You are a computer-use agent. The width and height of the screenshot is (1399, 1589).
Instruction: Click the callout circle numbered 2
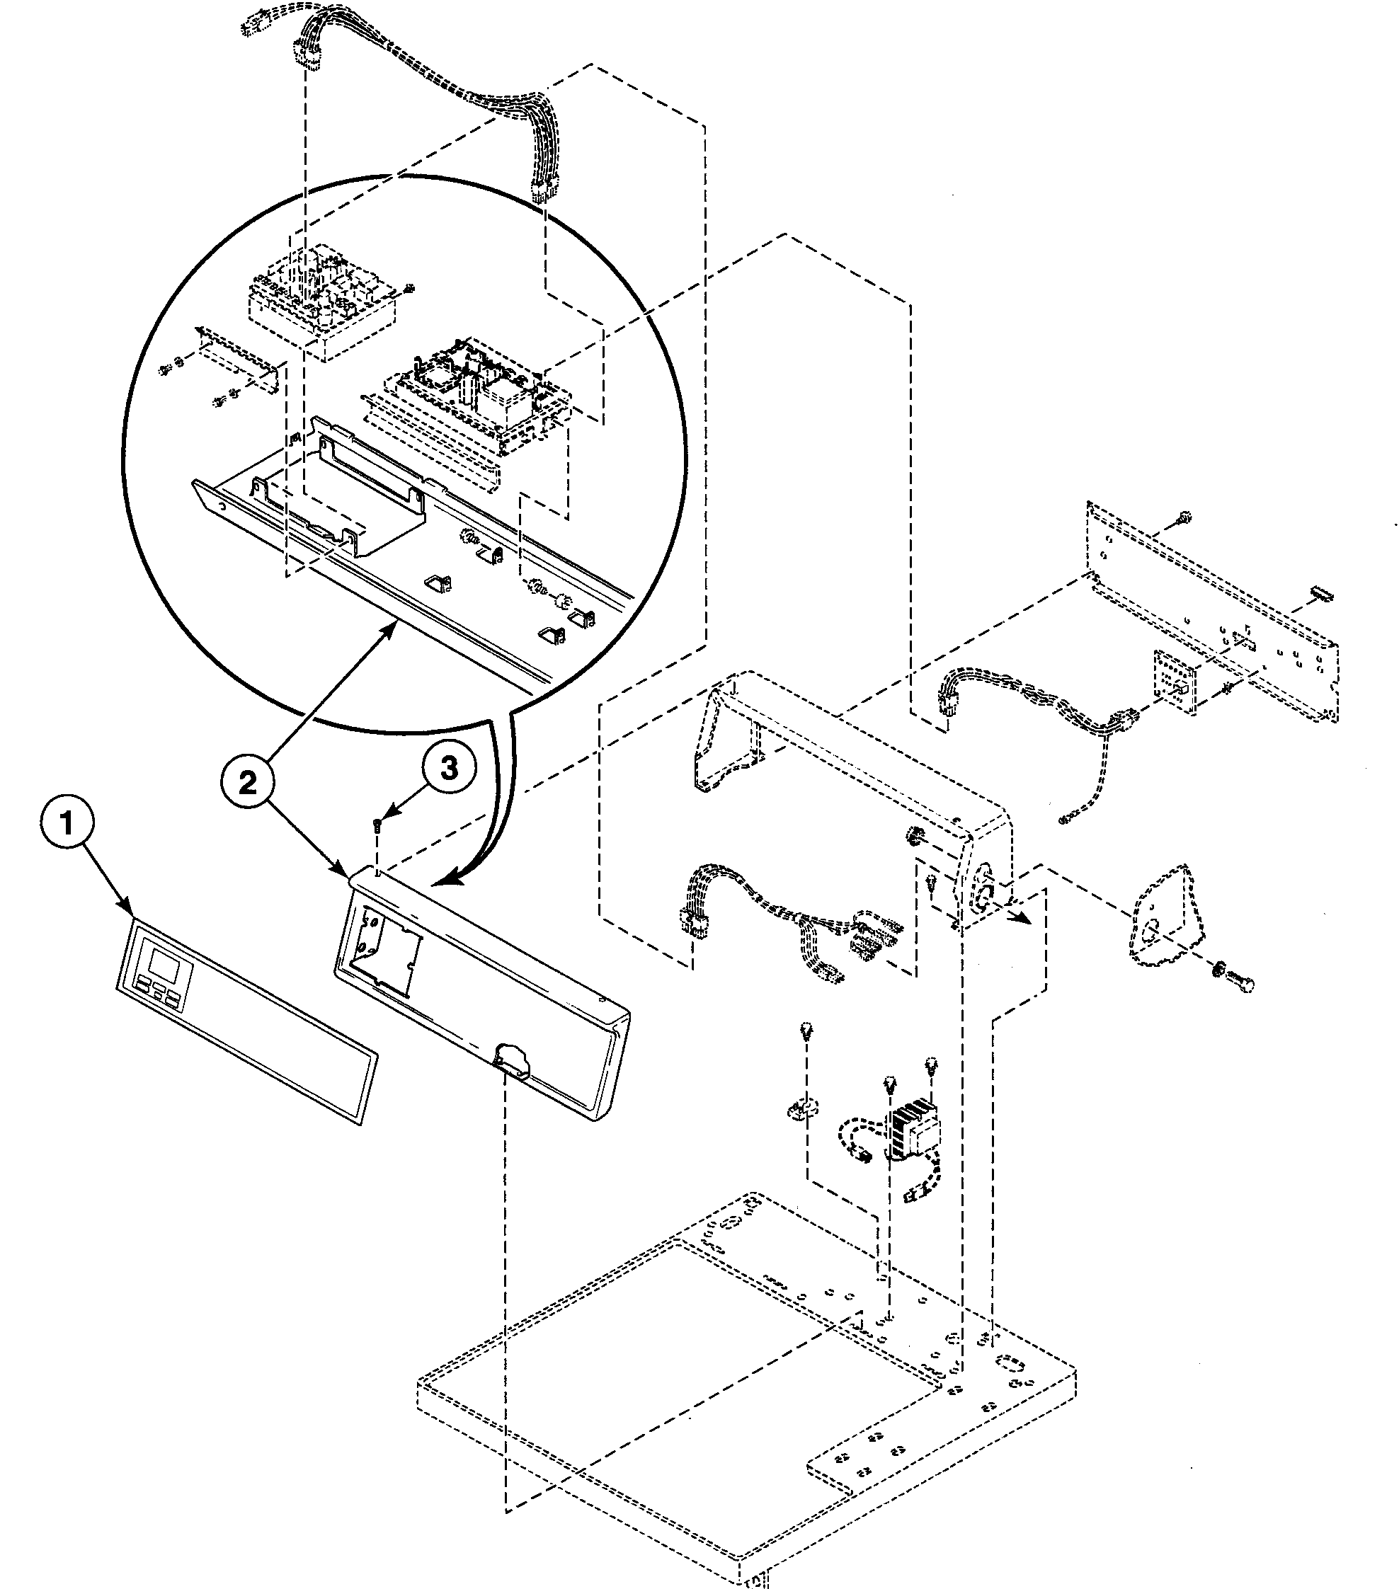[x=246, y=783]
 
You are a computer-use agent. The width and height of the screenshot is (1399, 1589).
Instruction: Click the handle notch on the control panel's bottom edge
[x=509, y=1060]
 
